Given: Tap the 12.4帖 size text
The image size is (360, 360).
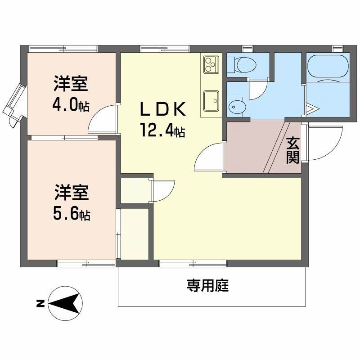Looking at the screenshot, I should click(162, 130).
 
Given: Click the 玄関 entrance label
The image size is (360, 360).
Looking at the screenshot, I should click(293, 150).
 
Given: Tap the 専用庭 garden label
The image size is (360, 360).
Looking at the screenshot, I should click(208, 285).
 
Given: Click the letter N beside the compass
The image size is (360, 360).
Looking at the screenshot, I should click(40, 304).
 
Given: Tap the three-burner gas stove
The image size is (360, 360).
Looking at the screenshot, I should click(210, 64).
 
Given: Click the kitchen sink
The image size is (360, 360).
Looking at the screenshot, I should click(210, 99).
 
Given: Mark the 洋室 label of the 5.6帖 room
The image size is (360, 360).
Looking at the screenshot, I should click(71, 193).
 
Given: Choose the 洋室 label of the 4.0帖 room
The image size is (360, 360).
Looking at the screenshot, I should click(71, 84).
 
